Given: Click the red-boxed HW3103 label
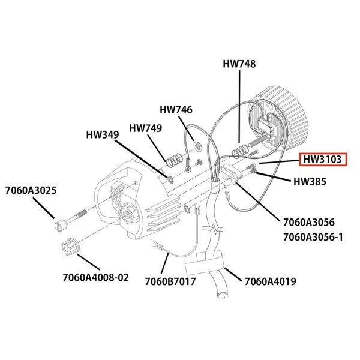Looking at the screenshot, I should point(322,160).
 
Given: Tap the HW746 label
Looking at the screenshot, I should point(176,110).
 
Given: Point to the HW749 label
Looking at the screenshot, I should point(145,128).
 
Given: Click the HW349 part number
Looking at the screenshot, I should point(102,135).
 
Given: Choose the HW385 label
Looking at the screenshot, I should point(310,182).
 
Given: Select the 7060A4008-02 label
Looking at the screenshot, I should point(95,278).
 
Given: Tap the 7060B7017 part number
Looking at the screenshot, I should point(170,280).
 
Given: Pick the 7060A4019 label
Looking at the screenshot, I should point(270,280).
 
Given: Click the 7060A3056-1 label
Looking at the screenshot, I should point(313,236).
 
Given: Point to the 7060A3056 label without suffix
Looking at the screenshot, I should point(308,221).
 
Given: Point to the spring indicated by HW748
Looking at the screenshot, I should point(240,148).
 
